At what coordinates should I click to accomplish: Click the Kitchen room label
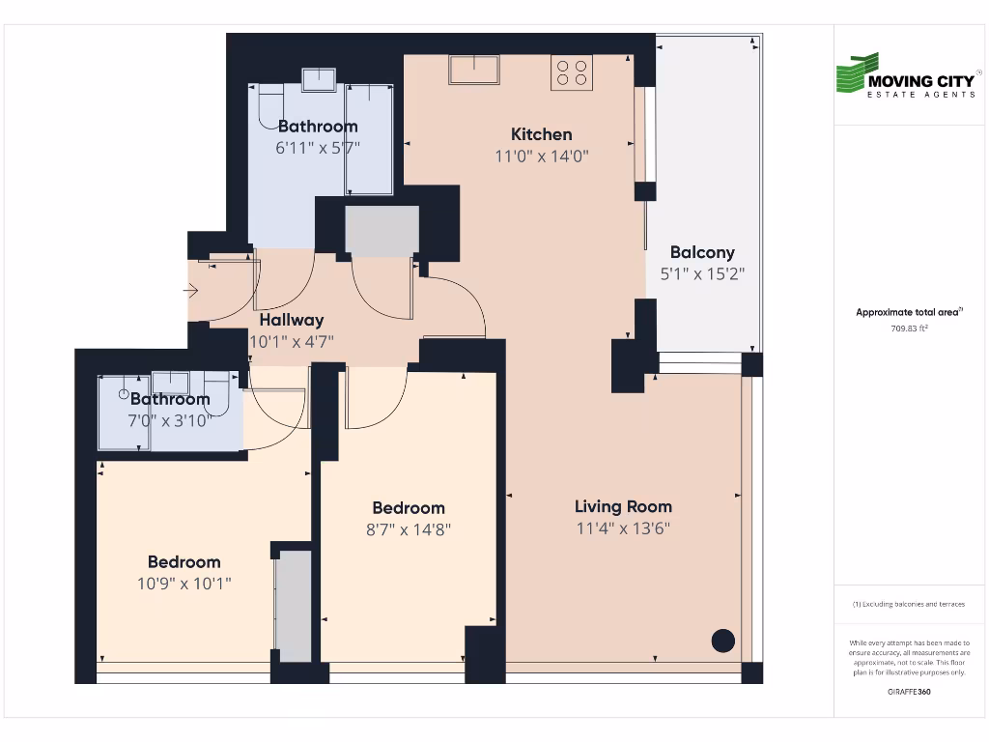pyautogui.click(x=541, y=134)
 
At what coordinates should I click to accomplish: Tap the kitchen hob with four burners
pyautogui.click(x=572, y=74)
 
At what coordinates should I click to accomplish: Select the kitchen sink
pyautogui.click(x=473, y=70)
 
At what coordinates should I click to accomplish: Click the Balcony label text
pyautogui.click(x=702, y=252)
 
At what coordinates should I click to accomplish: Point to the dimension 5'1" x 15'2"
pyautogui.click(x=702, y=273)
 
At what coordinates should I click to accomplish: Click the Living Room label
pyautogui.click(x=623, y=506)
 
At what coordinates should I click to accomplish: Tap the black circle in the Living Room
pyautogui.click(x=722, y=641)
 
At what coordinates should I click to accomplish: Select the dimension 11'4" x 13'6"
pyautogui.click(x=623, y=528)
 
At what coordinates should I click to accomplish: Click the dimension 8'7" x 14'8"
pyautogui.click(x=409, y=529)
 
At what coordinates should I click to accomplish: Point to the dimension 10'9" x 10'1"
pyautogui.click(x=184, y=584)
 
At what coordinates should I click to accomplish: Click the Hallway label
pyautogui.click(x=291, y=320)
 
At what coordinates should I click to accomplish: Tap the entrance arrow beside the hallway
pyautogui.click(x=191, y=290)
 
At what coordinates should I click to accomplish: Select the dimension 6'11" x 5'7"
pyautogui.click(x=318, y=148)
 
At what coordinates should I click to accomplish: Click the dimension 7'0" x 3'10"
pyautogui.click(x=170, y=420)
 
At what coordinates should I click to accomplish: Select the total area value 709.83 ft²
pyautogui.click(x=909, y=328)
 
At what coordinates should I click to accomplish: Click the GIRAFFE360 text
pyautogui.click(x=909, y=693)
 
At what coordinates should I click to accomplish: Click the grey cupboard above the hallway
pyautogui.click(x=382, y=230)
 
